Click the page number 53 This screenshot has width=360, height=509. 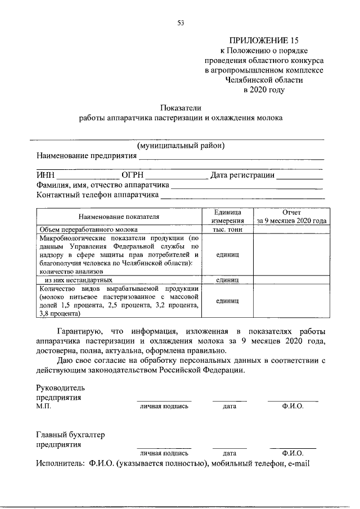pyautogui.click(x=180, y=23)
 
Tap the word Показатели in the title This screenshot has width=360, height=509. pyautogui.click(x=180, y=107)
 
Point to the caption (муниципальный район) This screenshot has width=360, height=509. pyautogui.click(x=181, y=145)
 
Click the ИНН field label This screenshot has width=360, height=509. pyautogui.click(x=46, y=175)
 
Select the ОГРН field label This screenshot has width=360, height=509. pyautogui.click(x=133, y=175)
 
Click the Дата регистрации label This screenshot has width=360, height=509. pyautogui.click(x=242, y=175)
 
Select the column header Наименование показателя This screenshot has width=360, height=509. pyautogui.click(x=119, y=216)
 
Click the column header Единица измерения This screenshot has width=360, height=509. pyautogui.click(x=227, y=217)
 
